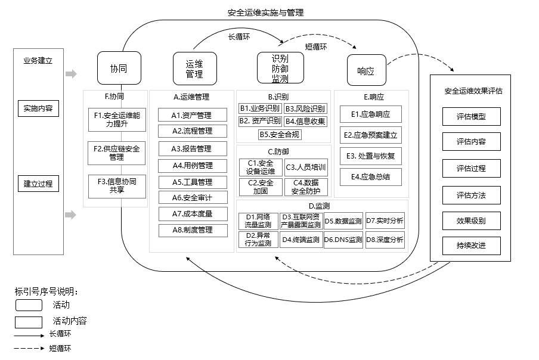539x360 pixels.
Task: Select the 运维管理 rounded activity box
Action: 194,69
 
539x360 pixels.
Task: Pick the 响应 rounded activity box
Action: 365,71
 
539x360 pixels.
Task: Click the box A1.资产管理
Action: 192,115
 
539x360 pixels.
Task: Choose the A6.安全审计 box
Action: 192,197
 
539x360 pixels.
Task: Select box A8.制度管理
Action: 192,230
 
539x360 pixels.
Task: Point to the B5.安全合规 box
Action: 280,134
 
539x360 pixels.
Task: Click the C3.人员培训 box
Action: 305,167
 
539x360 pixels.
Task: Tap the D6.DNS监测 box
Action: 343,240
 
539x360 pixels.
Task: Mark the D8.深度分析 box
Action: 385,240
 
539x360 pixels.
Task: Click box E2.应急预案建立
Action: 371,135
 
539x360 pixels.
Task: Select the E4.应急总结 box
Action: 371,177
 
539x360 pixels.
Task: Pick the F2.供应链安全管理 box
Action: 116,153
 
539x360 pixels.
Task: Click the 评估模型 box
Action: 471,117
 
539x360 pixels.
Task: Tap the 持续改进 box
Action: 471,245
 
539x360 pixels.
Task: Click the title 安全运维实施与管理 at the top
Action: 269,13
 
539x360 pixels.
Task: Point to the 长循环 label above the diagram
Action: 239,36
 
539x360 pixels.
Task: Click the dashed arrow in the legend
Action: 30,349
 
